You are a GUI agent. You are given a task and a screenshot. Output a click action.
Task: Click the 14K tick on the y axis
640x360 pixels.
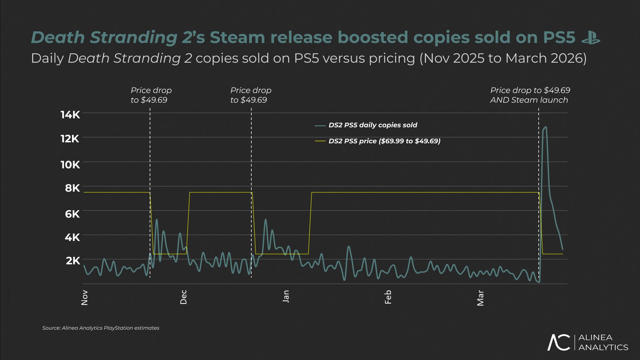coord(70,115)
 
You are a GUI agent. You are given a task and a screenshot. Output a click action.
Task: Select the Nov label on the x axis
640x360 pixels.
coord(84,298)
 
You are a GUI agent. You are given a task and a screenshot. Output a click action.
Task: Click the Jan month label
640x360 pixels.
coord(286,296)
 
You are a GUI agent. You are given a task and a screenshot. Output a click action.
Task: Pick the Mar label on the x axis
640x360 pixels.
coord(480,298)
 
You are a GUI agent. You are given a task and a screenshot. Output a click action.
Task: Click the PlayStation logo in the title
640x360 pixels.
coord(590,38)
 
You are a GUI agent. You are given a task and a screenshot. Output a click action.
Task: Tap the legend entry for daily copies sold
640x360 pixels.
coord(372,125)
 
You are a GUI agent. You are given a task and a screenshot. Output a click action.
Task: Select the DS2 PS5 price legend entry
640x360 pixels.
coord(384,141)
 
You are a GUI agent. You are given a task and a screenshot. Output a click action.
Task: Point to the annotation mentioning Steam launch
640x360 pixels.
coord(530,95)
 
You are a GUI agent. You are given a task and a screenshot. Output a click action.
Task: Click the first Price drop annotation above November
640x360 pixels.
coord(151,95)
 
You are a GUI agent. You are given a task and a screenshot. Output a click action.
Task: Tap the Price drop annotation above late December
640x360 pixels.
coord(250,95)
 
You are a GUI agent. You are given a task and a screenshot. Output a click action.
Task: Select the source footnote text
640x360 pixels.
coord(101,328)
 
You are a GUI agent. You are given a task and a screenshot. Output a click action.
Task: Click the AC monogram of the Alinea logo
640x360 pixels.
coord(558,342)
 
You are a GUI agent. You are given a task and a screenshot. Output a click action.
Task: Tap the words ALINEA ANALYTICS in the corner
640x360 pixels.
coord(603,342)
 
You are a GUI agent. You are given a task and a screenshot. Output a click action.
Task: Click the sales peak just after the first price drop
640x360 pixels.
coord(156,220)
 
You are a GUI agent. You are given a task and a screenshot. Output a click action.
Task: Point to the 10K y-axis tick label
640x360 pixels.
coord(70,165)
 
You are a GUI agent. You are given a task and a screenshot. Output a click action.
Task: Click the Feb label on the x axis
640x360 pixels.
coord(388,297)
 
